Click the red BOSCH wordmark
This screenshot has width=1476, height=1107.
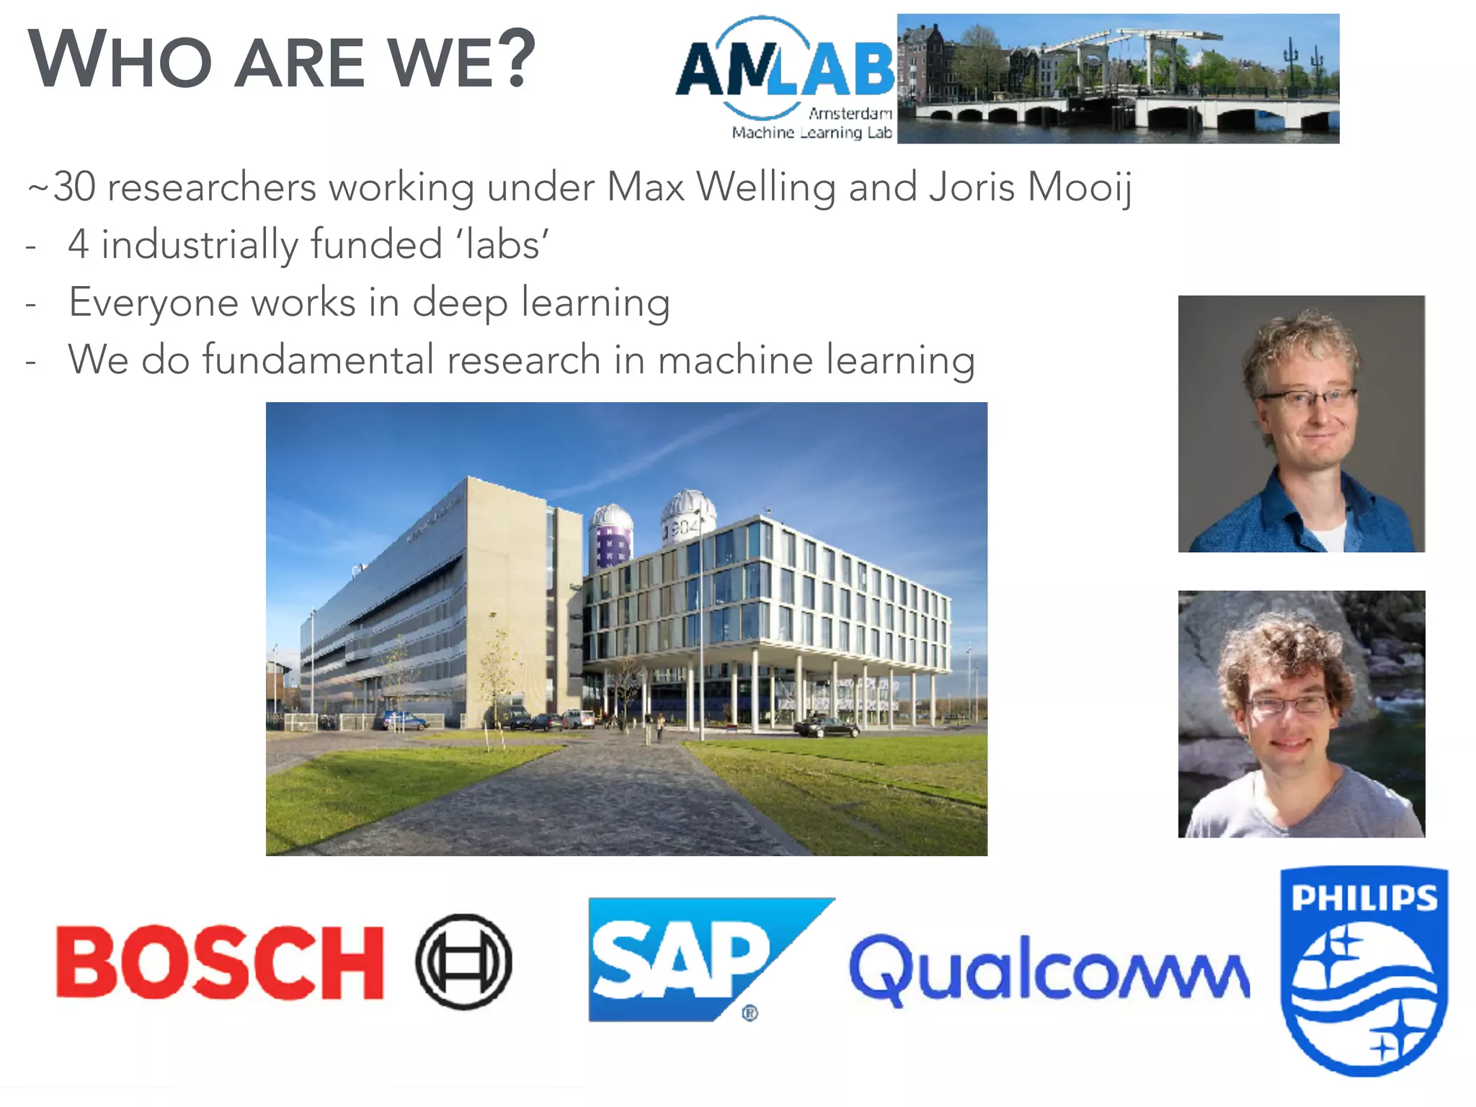point(220,963)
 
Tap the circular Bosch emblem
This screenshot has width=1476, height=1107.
point(463,962)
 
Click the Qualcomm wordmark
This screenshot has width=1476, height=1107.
point(1049,969)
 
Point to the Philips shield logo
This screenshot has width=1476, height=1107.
point(1364,971)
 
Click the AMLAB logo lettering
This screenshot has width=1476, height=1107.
point(785,69)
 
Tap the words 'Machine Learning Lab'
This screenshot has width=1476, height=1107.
point(812,133)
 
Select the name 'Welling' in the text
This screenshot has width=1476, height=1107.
point(765,187)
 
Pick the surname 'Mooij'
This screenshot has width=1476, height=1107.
point(1080,187)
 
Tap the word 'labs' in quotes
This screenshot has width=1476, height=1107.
point(502,244)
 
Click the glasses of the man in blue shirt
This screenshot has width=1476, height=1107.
point(1306,397)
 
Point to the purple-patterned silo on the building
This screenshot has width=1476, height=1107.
point(611,537)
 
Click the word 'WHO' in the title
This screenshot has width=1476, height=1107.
point(120,61)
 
